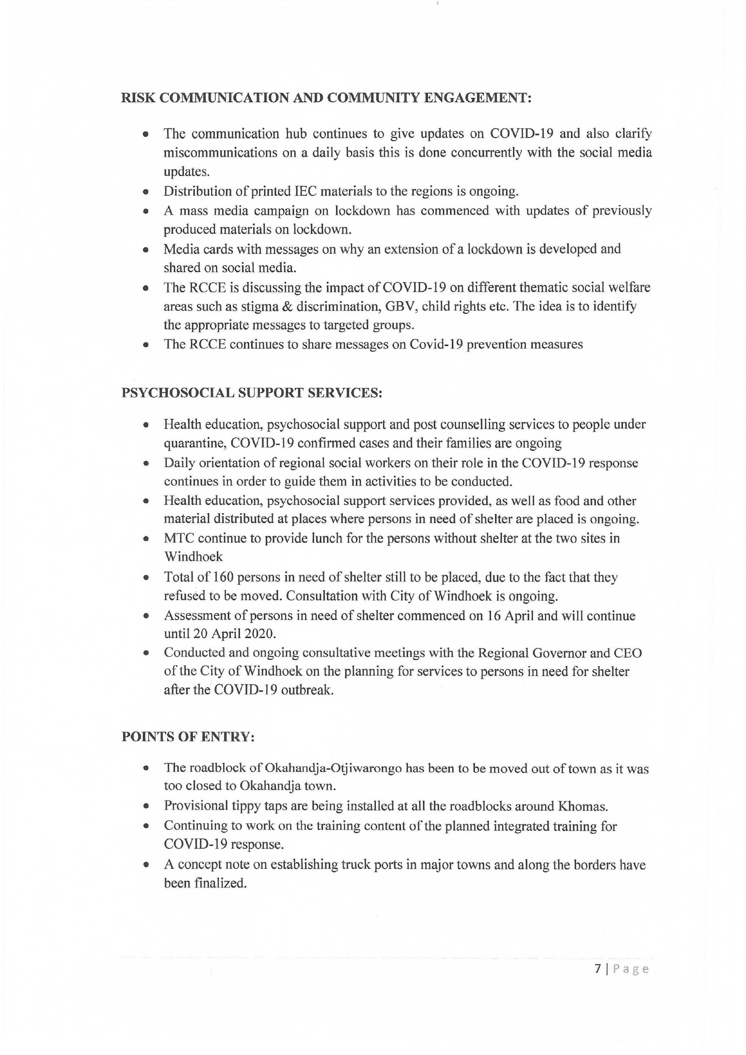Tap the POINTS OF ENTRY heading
click(188, 737)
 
